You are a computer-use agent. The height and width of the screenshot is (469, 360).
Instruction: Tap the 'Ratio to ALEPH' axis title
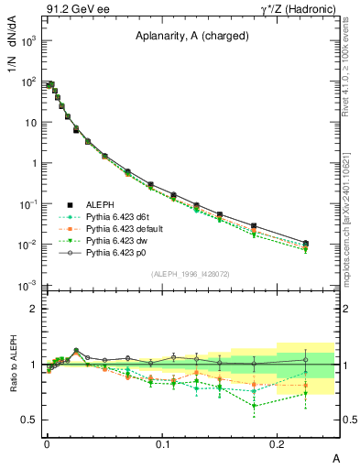coord(16,366)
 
